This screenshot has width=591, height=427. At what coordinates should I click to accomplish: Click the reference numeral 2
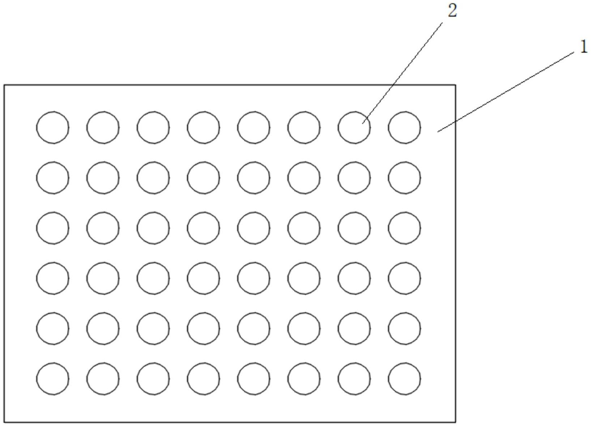click(452, 11)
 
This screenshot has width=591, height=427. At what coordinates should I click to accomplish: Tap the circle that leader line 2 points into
click(354, 127)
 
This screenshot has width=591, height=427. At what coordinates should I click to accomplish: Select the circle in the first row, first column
click(53, 127)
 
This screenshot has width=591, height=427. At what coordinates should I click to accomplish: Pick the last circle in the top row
click(404, 127)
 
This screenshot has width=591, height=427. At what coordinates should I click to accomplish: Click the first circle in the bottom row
click(53, 379)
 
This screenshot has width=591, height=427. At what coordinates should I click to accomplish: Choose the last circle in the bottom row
click(404, 379)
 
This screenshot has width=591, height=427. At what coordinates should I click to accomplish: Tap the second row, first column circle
click(53, 178)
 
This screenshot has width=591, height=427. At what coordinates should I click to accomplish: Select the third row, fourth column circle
click(203, 228)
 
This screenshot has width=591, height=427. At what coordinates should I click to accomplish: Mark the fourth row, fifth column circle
click(254, 278)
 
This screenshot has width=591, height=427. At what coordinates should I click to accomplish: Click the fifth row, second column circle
click(103, 328)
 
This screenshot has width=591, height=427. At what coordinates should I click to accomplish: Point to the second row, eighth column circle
click(404, 178)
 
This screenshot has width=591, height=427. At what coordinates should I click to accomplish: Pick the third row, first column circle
click(53, 228)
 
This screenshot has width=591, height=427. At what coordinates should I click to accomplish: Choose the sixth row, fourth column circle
click(203, 379)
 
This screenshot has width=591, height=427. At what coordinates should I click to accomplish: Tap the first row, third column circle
click(153, 127)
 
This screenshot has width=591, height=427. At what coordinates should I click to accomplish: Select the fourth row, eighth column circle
click(404, 278)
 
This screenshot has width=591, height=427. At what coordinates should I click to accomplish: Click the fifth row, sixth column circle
click(304, 328)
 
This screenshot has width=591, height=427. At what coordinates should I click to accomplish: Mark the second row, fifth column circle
click(254, 178)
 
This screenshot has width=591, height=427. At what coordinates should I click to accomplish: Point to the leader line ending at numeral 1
click(506, 91)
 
